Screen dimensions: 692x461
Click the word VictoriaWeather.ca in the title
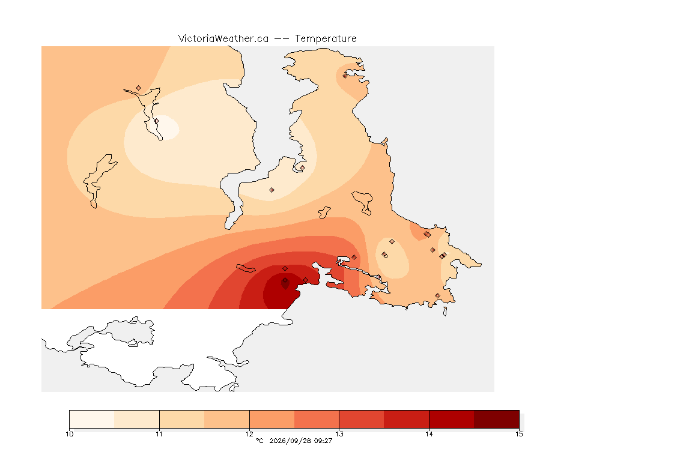click(223, 38)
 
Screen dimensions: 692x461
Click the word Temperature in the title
click(326, 38)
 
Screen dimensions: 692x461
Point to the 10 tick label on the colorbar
click(69, 434)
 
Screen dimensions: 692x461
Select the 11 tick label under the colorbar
click(159, 434)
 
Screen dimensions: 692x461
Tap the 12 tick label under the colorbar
click(249, 434)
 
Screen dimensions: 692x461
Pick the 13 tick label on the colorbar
click(339, 434)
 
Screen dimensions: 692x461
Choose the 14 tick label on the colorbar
click(429, 434)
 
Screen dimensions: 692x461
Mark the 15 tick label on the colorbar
click(519, 434)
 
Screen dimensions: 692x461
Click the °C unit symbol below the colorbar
click(259, 441)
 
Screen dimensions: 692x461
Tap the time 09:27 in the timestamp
click(323, 441)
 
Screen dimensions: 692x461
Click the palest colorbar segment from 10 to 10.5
click(92, 419)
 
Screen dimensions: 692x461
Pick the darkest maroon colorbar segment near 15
click(497, 419)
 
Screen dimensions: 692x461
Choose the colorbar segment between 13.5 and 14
click(407, 419)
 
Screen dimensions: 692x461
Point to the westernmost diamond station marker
click(139, 88)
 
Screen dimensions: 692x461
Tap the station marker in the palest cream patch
click(156, 121)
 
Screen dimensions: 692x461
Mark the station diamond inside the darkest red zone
click(285, 280)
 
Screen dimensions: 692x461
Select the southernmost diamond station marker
click(437, 295)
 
